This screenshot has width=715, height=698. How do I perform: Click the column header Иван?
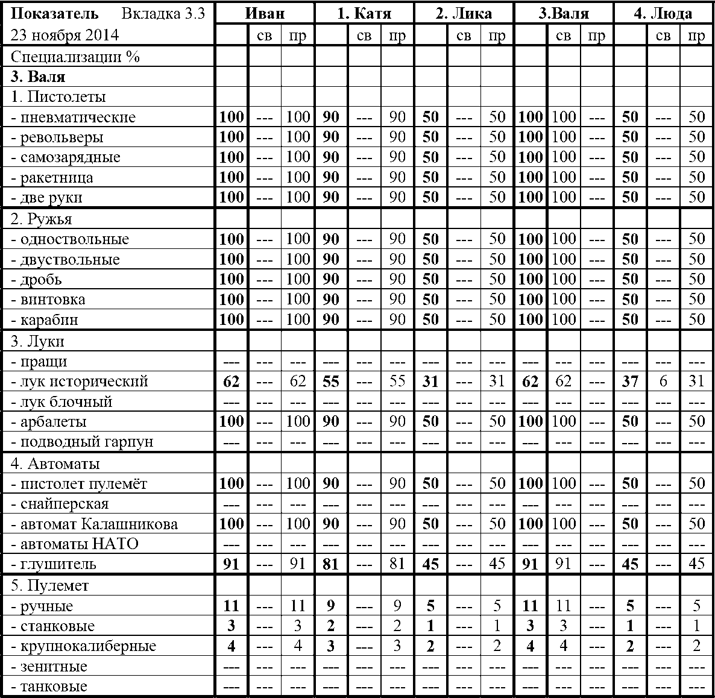click(x=265, y=13)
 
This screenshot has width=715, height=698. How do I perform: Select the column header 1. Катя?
click(x=364, y=13)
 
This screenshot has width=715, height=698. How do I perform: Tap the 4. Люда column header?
click(x=663, y=13)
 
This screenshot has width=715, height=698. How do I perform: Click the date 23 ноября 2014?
click(x=65, y=36)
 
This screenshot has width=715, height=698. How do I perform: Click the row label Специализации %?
click(x=75, y=57)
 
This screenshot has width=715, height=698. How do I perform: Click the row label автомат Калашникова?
click(x=95, y=524)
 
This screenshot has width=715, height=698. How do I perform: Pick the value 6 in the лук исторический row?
click(x=663, y=382)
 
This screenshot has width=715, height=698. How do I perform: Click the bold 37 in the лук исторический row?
click(x=630, y=382)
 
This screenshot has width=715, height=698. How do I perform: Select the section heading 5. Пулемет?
click(x=49, y=585)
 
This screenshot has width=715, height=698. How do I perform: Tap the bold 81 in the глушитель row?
click(x=331, y=564)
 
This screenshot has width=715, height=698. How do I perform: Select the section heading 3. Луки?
click(x=37, y=342)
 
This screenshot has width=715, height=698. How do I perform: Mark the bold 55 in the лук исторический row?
click(x=331, y=382)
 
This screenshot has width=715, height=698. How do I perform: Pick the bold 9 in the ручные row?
click(x=331, y=606)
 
